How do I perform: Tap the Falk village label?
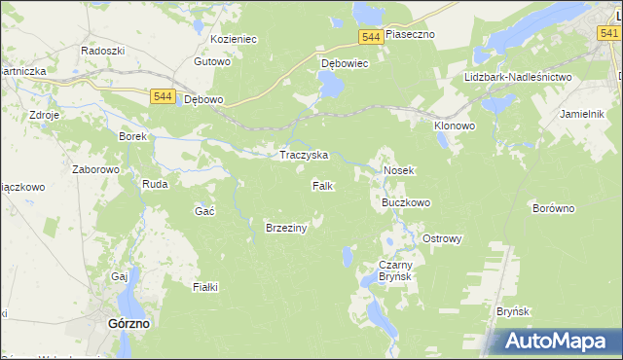pos(323,185)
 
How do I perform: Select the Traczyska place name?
pos(304,155)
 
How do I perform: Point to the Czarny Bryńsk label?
pos(396,270)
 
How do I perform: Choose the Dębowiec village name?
pos(345,64)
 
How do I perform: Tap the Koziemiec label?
pos(233,39)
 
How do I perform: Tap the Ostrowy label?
pos(442,238)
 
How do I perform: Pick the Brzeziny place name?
pos(286,228)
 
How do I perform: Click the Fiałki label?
pos(205,286)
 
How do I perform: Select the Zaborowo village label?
pos(95,168)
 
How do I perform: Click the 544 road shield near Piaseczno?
pos(369,36)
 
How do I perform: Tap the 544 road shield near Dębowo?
pos(163,96)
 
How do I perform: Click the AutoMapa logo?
pos(559,342)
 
